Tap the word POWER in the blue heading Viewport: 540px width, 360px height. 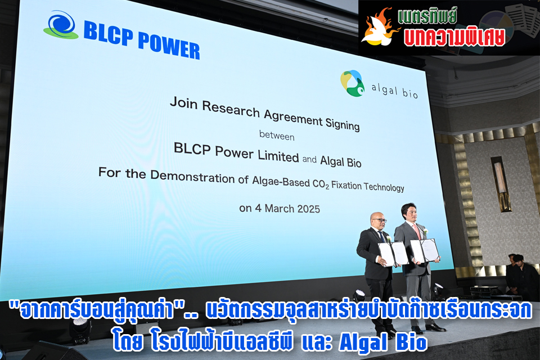pyautogui.click(x=169, y=46)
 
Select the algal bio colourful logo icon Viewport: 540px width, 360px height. pyautogui.click(x=352, y=83)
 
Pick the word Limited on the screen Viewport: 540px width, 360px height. pyautogui.click(x=278, y=156)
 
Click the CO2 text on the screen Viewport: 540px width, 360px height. pyautogui.click(x=321, y=184)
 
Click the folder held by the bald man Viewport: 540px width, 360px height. pyautogui.click(x=393, y=254)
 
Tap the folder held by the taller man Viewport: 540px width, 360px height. pyautogui.click(x=425, y=250)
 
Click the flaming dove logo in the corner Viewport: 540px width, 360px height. pyautogui.click(x=379, y=28)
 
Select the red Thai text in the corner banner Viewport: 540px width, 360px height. pyautogui.click(x=454, y=37)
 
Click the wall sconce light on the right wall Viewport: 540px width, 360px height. pyautogui.click(x=501, y=184)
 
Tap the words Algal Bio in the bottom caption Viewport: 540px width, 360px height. pyautogui.click(x=382, y=342)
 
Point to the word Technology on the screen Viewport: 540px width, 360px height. pyautogui.click(x=384, y=187)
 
